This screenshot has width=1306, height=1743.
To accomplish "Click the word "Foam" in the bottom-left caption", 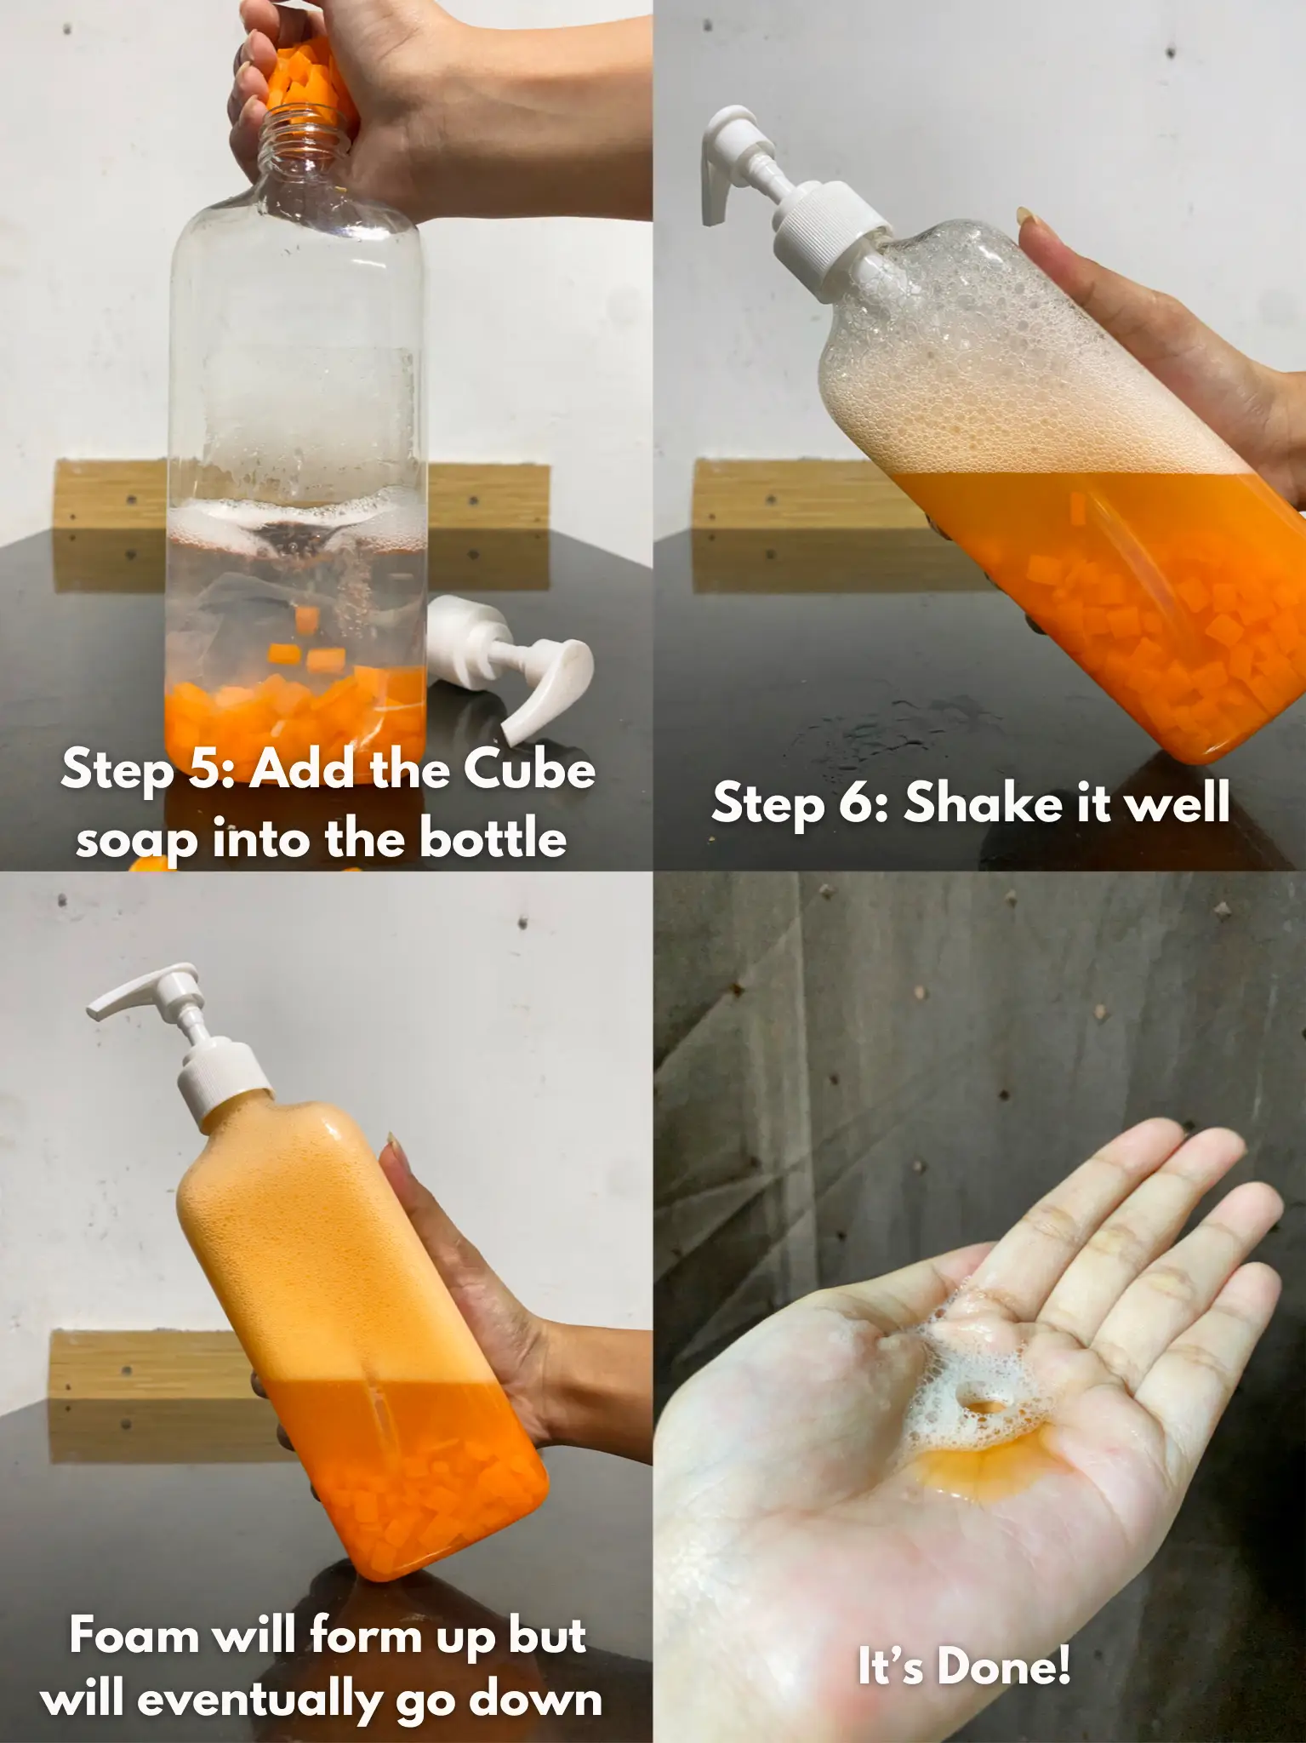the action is [x=134, y=1635].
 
